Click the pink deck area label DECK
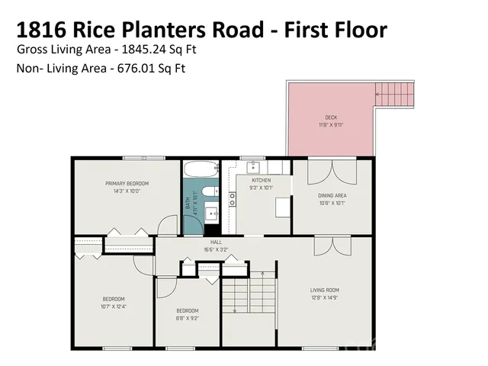pos(330,117)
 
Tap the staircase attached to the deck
pos(395,95)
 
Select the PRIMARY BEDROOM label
pos(127,184)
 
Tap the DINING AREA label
pos(332,196)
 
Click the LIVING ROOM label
pos(324,290)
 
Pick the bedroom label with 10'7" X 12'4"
pos(114,298)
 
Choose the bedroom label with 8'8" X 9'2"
pos(188,310)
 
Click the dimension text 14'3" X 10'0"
pos(127,191)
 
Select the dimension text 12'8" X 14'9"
pos(324,297)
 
